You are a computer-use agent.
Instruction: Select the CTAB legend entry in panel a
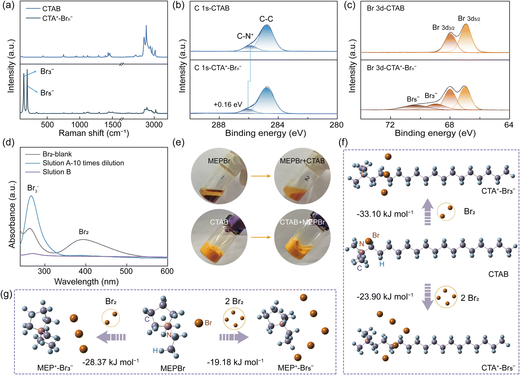(51, 9)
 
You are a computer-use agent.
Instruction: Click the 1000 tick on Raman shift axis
(80, 125)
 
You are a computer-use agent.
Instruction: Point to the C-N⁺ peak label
(245, 36)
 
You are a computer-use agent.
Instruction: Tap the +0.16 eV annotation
(228, 105)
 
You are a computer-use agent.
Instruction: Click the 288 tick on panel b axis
(219, 125)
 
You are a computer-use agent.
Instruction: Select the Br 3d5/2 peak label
(469, 19)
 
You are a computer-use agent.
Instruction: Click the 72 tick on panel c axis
(390, 125)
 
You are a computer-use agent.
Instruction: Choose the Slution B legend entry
(57, 172)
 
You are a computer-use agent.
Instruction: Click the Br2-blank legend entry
(57, 154)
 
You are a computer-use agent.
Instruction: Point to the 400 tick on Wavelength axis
(85, 271)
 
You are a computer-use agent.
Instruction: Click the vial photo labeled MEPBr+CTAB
(302, 176)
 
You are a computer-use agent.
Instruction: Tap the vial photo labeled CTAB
(219, 237)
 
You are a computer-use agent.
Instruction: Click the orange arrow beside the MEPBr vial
(261, 176)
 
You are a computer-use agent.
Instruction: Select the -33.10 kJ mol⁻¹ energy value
(385, 214)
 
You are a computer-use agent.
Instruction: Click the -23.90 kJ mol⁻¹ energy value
(385, 296)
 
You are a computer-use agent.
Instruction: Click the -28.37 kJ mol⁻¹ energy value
(110, 362)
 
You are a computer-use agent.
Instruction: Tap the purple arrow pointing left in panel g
(111, 337)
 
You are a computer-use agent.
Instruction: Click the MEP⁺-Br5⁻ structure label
(296, 368)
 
